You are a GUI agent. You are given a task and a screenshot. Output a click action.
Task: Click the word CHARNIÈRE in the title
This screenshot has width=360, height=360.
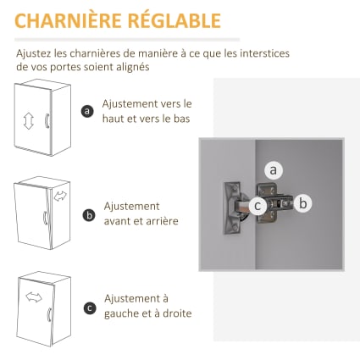[68, 20]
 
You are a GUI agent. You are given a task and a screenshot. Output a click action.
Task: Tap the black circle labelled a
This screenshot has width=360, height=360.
[87, 111]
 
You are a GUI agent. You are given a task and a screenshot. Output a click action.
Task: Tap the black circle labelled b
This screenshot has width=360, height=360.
[89, 215]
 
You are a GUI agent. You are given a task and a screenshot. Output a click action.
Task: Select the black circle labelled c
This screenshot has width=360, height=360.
[90, 307]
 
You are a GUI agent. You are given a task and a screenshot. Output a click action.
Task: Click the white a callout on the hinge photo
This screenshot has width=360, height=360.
[273, 170]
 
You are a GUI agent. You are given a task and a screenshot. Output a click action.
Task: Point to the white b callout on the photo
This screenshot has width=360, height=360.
[302, 203]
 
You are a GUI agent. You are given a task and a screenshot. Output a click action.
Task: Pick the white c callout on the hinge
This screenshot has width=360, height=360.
[258, 206]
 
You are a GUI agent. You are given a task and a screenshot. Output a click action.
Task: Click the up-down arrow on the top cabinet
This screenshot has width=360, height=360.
[29, 121]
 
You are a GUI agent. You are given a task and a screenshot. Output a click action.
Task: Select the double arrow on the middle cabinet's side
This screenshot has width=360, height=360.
[60, 197]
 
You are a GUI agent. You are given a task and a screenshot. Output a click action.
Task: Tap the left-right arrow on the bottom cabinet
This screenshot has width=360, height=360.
[34, 297]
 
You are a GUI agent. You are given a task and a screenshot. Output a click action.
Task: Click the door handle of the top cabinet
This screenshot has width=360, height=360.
[47, 121]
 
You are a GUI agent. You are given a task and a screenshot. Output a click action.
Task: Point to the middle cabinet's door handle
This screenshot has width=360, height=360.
[45, 218]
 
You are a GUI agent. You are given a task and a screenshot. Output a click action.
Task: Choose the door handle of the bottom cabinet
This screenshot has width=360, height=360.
[49, 314]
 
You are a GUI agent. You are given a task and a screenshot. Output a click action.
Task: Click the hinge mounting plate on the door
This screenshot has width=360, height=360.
[231, 208]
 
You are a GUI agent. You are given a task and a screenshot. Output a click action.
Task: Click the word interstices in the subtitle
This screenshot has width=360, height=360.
[264, 53]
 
